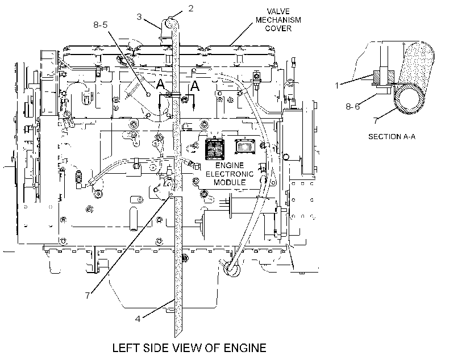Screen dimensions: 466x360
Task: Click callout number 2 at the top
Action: pos(190,9)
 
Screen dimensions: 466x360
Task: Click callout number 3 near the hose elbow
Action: pos(139,16)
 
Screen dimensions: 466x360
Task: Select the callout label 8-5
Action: pos(101,24)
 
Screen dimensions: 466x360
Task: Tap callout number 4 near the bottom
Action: pos(138,319)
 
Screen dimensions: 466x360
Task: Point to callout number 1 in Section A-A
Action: pos(337,86)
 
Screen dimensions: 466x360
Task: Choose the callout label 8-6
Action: pos(353,106)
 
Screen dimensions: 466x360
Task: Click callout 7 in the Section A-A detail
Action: pos(376,121)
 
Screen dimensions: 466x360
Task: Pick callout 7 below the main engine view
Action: pos(88,295)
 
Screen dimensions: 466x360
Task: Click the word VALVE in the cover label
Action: pos(278,11)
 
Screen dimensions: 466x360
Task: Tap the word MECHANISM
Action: pos(278,20)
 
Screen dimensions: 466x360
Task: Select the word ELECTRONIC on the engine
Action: pos(230,174)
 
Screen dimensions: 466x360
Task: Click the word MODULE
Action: pos(230,182)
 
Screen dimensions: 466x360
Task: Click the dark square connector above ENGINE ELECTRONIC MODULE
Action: pos(214,149)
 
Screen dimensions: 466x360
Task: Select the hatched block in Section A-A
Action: pos(384,76)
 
